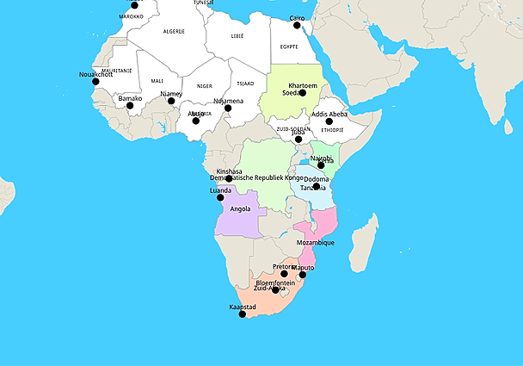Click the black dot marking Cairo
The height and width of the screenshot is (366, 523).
[x=298, y=25]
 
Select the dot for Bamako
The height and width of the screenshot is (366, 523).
[x=130, y=106]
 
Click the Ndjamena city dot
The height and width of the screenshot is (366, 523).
[x=228, y=108]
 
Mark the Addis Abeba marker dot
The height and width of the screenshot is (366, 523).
[x=329, y=121]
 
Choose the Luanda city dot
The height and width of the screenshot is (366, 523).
[x=220, y=197]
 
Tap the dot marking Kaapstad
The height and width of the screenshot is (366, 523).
[x=243, y=314]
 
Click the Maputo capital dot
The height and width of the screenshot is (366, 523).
[x=302, y=276]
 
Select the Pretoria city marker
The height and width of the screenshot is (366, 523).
[x=284, y=274]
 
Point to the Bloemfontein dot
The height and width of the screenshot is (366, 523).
[x=275, y=289]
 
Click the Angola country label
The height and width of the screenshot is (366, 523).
[x=241, y=209]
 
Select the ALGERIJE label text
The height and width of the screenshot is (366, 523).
[x=175, y=31]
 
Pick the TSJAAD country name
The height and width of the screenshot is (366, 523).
[x=244, y=84]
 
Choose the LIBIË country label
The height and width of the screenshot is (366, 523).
[x=238, y=36]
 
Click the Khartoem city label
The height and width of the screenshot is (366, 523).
[x=303, y=86]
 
